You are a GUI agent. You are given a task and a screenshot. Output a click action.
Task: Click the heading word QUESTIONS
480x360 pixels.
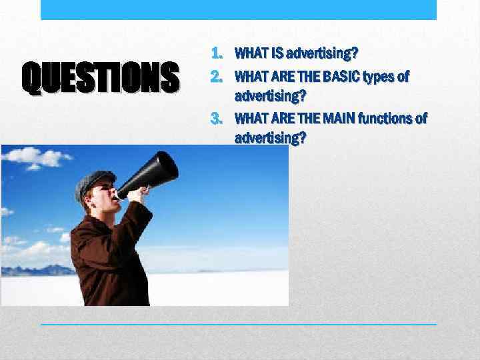point(101,77)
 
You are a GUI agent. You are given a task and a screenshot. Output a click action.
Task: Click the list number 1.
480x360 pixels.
point(217,53)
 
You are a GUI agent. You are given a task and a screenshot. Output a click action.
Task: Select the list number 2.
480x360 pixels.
point(217,77)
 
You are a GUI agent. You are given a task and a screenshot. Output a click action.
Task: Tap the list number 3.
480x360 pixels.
point(217,119)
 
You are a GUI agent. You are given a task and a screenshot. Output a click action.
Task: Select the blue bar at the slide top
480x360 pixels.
point(239,9)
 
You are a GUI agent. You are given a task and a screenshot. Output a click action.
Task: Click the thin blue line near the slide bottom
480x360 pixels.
point(239,324)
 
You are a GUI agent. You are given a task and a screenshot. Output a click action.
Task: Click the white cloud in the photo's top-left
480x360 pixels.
point(40,157)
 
